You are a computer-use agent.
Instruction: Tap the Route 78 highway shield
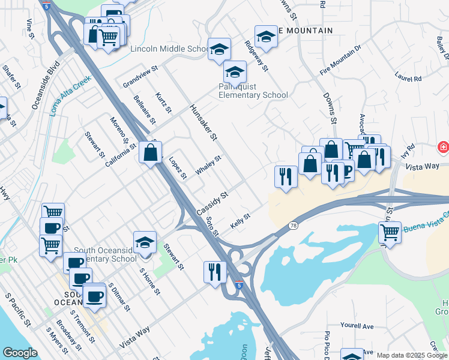(x=293, y=225)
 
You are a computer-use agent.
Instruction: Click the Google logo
(x=20, y=353)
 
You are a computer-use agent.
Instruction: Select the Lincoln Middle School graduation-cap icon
(x=219, y=49)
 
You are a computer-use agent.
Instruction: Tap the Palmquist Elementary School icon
(x=235, y=72)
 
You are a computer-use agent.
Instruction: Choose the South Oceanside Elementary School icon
(x=145, y=242)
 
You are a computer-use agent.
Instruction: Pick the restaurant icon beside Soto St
(x=214, y=272)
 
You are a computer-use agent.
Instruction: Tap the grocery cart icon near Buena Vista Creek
(x=390, y=232)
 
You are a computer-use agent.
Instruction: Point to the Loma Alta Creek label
(x=70, y=95)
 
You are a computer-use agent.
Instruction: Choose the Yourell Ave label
(x=357, y=326)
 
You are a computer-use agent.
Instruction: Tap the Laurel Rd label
(x=408, y=77)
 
